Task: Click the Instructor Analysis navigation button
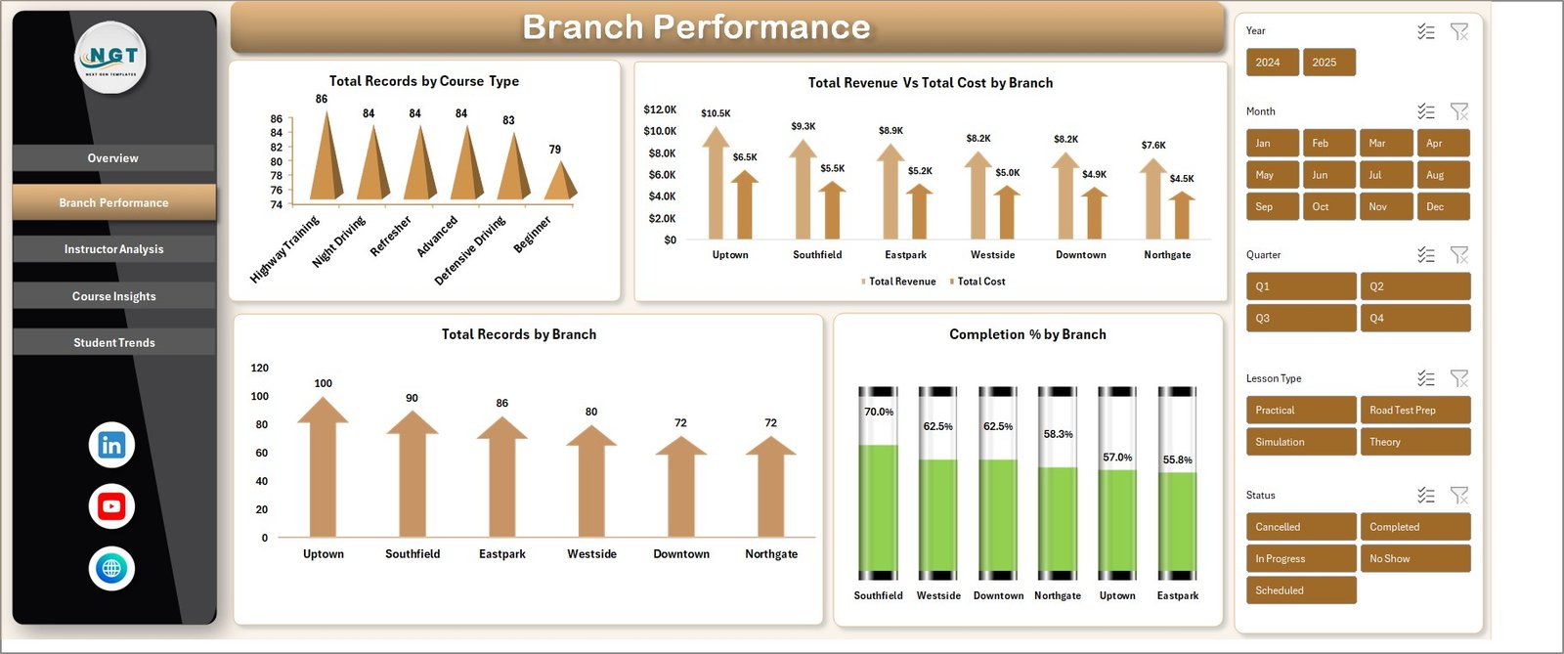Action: [113, 249]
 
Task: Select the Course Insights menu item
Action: [113, 296]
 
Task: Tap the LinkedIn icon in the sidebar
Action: [111, 445]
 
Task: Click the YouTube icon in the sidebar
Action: [111, 506]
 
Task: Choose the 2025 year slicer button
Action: [1327, 63]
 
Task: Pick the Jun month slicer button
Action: [1327, 175]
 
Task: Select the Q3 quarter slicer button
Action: [1300, 319]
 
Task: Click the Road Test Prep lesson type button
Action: [1413, 411]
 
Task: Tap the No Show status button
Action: [1413, 559]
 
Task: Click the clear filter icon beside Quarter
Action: [1459, 255]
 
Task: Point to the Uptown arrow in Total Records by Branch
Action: [323, 469]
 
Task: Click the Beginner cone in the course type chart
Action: [560, 182]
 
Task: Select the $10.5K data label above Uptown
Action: [716, 113]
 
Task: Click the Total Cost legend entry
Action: [980, 282]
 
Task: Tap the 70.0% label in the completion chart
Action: [879, 413]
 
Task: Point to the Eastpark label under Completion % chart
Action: [1177, 595]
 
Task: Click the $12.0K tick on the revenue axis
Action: [660, 109]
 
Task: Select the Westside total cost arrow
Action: [1007, 212]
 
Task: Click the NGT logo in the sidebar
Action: [112, 58]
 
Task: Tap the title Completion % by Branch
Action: [1027, 334]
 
